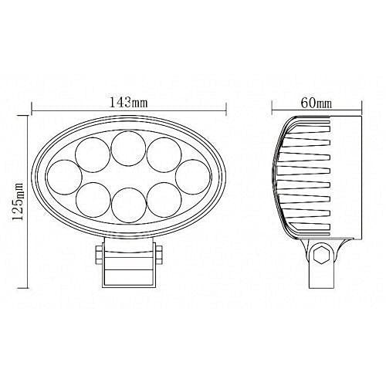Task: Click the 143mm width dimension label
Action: pos(129,103)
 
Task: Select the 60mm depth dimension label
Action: pos(317,103)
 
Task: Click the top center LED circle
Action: pos(129,148)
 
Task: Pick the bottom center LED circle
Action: pos(129,205)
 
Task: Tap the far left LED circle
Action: pos(65,177)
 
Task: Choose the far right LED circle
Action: pos(193,177)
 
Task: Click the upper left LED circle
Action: pos(93,154)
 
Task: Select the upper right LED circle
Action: pos(164,154)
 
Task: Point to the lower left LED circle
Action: pos(93,200)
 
